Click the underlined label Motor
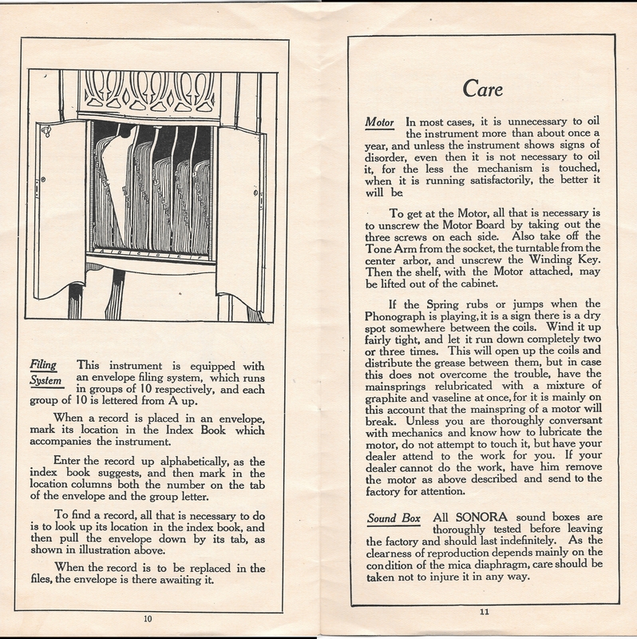click(380, 124)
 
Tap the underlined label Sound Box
click(394, 518)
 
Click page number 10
click(148, 617)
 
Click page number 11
click(484, 612)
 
